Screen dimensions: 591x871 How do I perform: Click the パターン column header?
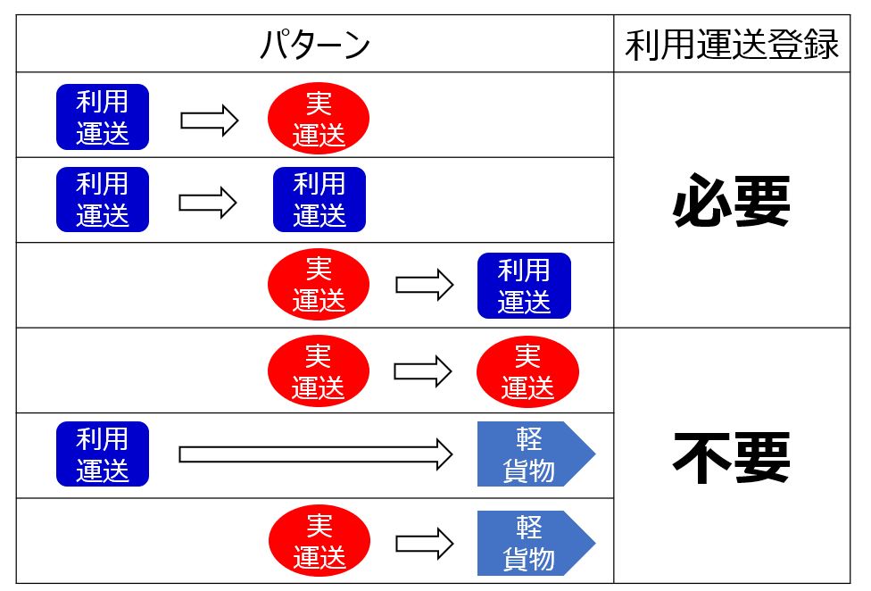coord(314,45)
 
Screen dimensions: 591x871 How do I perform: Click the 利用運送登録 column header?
coord(732,45)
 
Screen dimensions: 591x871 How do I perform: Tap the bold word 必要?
coord(732,204)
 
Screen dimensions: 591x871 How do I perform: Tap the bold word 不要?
coord(732,458)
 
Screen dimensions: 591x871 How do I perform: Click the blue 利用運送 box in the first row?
coord(103,117)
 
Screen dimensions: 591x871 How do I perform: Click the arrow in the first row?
coord(210,120)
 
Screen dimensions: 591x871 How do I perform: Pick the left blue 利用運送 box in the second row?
coord(103,199)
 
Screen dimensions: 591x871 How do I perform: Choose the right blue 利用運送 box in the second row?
coord(319,199)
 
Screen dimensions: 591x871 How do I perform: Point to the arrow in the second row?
coord(208,203)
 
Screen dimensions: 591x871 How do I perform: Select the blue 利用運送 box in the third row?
coord(524,286)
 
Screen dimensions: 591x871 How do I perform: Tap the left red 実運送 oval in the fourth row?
coord(319,371)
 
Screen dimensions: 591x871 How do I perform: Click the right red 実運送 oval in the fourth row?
coord(527,371)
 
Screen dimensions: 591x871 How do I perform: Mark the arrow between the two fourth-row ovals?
coord(423,371)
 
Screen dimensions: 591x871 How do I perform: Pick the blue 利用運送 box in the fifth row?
coord(103,454)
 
